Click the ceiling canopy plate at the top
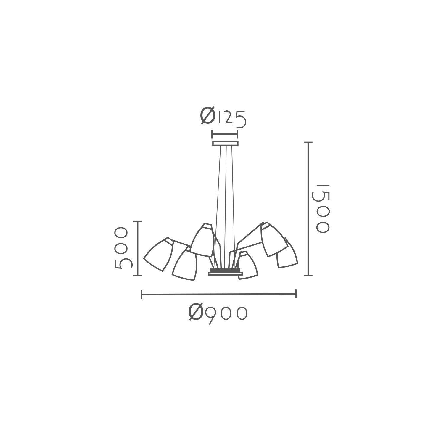[225, 144]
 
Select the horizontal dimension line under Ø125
[225, 134]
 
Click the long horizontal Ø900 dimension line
[219, 294]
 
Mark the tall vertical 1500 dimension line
[309, 209]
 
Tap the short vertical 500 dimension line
[138, 248]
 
